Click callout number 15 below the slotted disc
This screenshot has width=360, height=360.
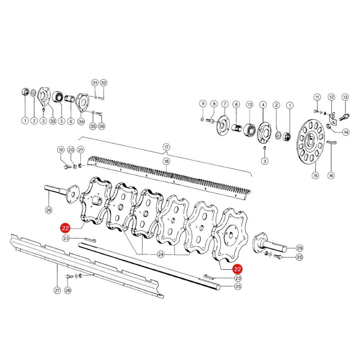click(x=315, y=176)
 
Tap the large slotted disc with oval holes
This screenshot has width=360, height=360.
click(x=311, y=142)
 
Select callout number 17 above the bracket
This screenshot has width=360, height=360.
click(x=166, y=147)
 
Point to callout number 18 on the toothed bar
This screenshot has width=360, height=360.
click(x=166, y=162)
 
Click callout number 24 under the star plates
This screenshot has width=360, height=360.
click(x=161, y=254)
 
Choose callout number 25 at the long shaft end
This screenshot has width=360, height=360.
click(x=238, y=286)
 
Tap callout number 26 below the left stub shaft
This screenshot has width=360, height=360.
click(x=49, y=210)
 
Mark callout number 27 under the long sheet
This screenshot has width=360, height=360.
click(x=57, y=290)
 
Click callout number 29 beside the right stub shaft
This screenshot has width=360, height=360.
click(x=300, y=248)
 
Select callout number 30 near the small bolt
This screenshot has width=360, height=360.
click(x=300, y=257)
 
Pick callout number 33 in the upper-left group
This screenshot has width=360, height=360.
click(x=53, y=121)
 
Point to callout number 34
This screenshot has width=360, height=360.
click(x=81, y=122)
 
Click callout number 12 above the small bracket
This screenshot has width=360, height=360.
click(x=332, y=97)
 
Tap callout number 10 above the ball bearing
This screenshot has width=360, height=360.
click(x=250, y=105)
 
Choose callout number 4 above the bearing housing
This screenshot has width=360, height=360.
click(x=263, y=105)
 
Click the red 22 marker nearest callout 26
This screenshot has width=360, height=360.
click(x=65, y=228)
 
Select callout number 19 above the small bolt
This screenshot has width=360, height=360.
click(x=61, y=150)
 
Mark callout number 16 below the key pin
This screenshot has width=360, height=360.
click(x=331, y=176)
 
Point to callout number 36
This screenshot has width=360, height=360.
click(x=102, y=126)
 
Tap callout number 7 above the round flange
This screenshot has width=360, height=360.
click(x=225, y=104)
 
